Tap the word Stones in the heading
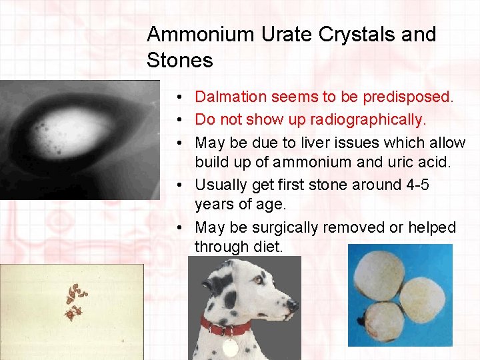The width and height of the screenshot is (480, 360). pos(179,61)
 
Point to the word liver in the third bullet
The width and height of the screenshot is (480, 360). pos(300,143)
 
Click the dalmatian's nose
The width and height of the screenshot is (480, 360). pos(292,306)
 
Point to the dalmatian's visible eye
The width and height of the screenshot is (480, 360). pos(257,280)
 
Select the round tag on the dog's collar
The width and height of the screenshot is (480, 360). pos(231,347)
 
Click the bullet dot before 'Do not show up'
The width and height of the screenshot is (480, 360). pos(181,120)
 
